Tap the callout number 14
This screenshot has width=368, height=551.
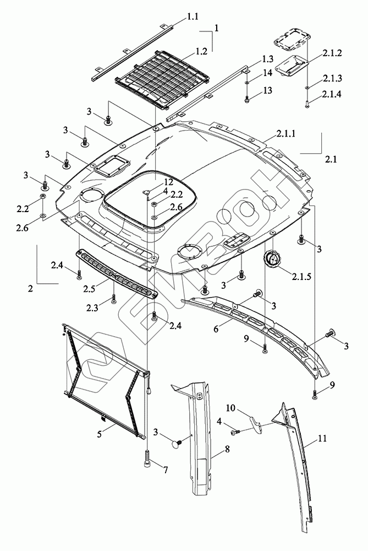(268, 73)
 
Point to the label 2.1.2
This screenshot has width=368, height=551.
(332, 53)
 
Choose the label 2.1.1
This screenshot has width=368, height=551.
(286, 133)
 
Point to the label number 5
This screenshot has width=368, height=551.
(100, 434)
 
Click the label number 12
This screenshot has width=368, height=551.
(169, 182)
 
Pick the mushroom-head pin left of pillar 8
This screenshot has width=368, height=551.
(176, 444)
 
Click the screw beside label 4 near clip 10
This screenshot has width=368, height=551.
(235, 432)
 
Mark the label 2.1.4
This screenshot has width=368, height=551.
(332, 94)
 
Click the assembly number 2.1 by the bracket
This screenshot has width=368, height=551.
(331, 160)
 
